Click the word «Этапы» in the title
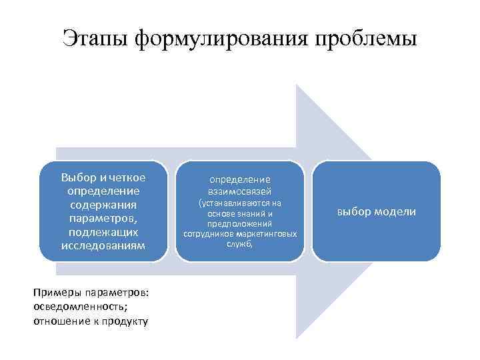tap(95, 38)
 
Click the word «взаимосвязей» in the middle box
tap(240, 191)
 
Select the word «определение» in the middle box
tap(240, 179)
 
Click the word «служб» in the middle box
tap(239, 245)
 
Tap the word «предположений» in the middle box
tap(240, 225)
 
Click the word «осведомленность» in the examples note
tap(73, 307)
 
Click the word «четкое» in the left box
tap(127, 177)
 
